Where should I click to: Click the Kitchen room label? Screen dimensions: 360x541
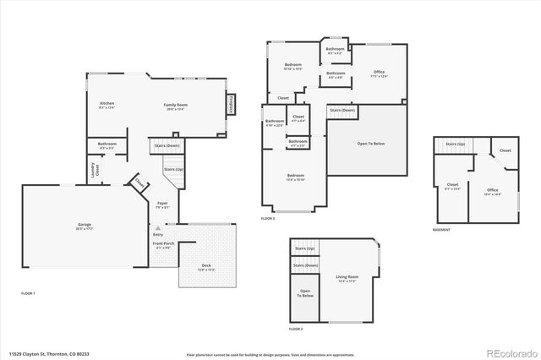pyautogui.click(x=107, y=104)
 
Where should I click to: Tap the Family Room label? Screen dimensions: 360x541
pyautogui.click(x=175, y=104)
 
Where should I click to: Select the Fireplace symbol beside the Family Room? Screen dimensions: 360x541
pyautogui.click(x=229, y=104)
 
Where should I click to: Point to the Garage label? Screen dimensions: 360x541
pyautogui.click(x=85, y=224)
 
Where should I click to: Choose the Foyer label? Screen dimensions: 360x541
pyautogui.click(x=162, y=204)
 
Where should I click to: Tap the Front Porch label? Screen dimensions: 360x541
pyautogui.click(x=162, y=244)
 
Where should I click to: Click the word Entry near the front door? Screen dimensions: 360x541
pyautogui.click(x=158, y=234)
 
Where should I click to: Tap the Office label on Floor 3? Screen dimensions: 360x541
pyautogui.click(x=379, y=72)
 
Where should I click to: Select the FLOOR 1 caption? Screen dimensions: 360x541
pyautogui.click(x=29, y=292)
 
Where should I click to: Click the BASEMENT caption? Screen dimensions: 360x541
pyautogui.click(x=441, y=229)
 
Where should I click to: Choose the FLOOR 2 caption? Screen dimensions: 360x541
pyautogui.click(x=296, y=328)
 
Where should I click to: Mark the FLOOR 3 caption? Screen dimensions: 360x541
pyautogui.click(x=267, y=217)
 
